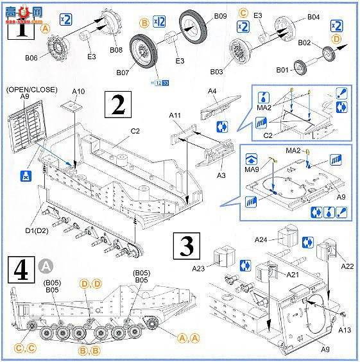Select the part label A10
[x=78, y=92]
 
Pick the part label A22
[x=347, y=266]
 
